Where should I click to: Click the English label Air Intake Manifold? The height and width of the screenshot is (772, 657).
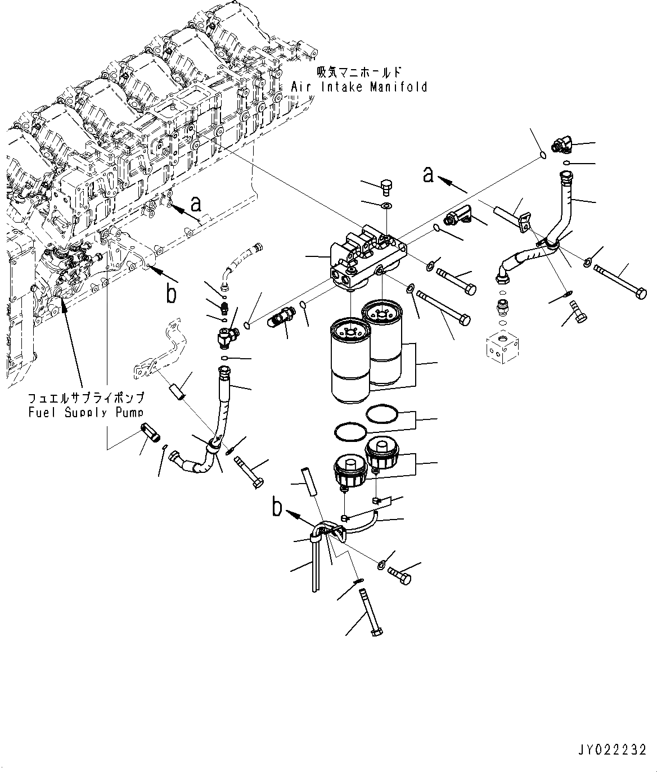(359, 87)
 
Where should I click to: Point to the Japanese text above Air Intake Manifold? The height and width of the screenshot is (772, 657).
(359, 73)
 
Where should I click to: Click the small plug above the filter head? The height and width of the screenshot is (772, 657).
(386, 186)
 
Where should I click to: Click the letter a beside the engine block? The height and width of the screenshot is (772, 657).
(195, 203)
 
